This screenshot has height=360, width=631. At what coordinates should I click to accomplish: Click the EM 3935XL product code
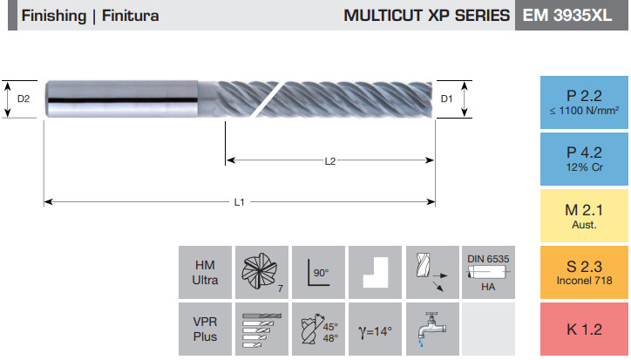click(567, 16)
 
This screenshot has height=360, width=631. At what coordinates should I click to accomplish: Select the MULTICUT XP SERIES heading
click(426, 16)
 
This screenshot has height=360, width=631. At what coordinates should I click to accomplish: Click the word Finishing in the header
click(54, 16)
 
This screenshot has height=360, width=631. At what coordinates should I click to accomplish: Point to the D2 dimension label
click(24, 98)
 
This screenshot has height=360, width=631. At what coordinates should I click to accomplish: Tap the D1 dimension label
click(447, 98)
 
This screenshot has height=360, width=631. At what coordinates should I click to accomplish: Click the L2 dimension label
click(330, 161)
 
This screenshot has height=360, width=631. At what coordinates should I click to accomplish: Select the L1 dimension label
click(240, 202)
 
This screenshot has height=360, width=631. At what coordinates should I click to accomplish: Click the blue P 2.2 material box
click(584, 102)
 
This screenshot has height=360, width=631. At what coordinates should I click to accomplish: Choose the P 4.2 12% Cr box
click(584, 159)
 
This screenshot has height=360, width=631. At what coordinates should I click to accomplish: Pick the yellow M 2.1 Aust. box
click(584, 216)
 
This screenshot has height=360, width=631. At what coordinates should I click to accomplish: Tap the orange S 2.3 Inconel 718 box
click(584, 273)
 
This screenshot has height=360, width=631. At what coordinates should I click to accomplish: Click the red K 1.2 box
click(584, 329)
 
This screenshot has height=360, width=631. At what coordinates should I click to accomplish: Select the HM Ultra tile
click(205, 273)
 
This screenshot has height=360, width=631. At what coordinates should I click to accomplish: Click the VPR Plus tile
click(205, 329)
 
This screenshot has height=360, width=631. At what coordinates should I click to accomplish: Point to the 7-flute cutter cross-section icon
click(261, 271)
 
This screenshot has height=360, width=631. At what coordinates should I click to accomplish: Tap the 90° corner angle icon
click(318, 273)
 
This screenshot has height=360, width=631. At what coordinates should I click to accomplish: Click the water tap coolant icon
click(431, 329)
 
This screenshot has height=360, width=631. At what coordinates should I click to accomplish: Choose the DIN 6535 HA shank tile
click(488, 273)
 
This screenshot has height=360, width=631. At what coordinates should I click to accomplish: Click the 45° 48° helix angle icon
click(318, 329)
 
